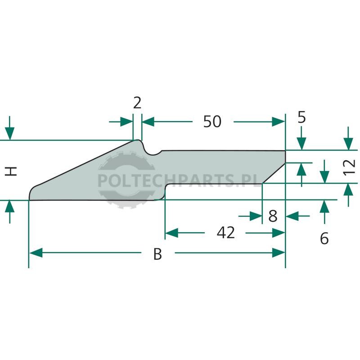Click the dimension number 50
(x=212, y=121)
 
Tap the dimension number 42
(x=225, y=233)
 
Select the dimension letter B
(x=158, y=254)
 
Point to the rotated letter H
(x=11, y=171)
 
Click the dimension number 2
(x=137, y=103)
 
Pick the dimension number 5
(x=301, y=117)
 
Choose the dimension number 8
(x=273, y=216)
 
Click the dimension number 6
(x=324, y=238)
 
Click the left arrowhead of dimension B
(x=36, y=252)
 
